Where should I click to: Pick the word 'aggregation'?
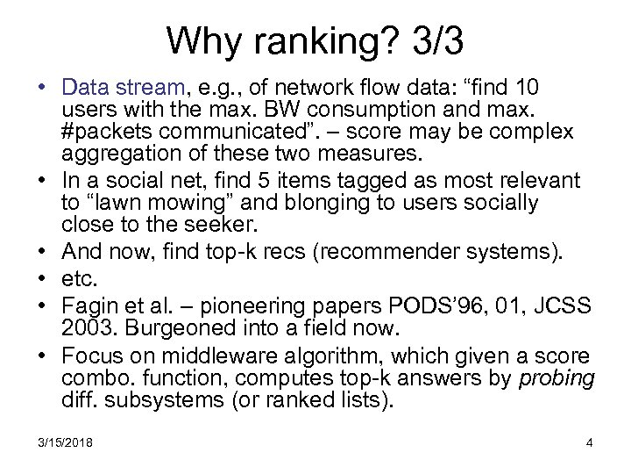(115, 155)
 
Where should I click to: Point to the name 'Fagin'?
(87, 306)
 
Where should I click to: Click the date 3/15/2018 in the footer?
(64, 442)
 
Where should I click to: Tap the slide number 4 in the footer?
(589, 442)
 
